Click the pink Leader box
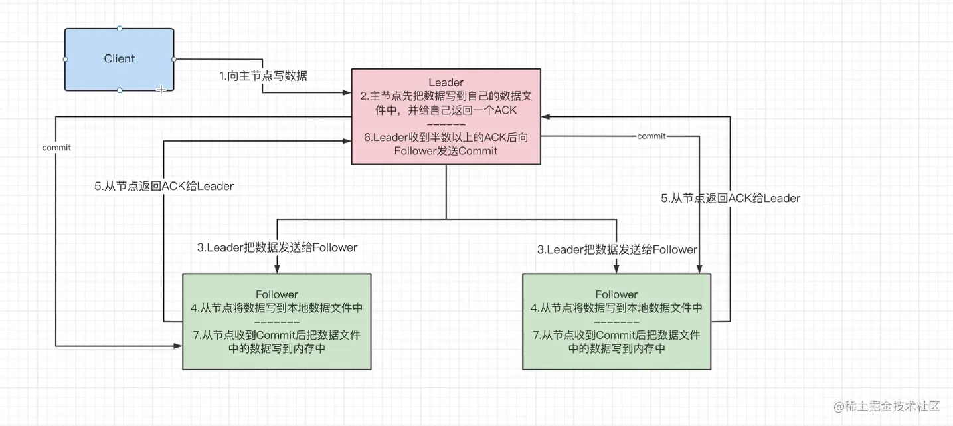click(x=446, y=116)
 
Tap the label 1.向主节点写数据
click(x=264, y=76)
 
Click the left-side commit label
click(x=56, y=148)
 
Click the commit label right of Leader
click(x=651, y=136)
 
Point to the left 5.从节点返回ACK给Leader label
click(x=164, y=187)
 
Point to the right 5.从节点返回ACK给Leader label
click(x=731, y=198)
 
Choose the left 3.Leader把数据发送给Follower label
click(x=277, y=248)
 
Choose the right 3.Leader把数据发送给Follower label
click(x=617, y=250)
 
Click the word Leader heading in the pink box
click(x=446, y=82)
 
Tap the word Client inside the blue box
click(x=120, y=59)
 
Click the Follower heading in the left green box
click(x=277, y=294)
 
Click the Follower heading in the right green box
click(x=616, y=294)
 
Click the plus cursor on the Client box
click(x=160, y=89)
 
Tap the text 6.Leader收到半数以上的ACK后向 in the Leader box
click(x=446, y=138)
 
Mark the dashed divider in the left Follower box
click(x=277, y=322)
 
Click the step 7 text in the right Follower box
click(x=616, y=342)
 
